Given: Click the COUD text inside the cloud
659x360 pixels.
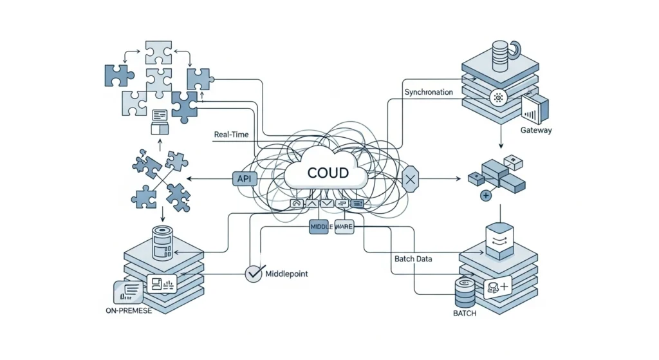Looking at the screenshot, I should point(328,173).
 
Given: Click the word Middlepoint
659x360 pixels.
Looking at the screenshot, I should point(286,274).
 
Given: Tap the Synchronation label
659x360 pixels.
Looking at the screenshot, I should point(428,92).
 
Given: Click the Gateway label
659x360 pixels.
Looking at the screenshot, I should point(535,131).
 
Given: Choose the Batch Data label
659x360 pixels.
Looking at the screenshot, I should point(413,259).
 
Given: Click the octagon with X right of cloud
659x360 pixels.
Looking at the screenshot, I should point(410,179).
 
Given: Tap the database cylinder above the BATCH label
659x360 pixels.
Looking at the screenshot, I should point(465,292).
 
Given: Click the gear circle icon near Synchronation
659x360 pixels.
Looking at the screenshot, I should point(497,99).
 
